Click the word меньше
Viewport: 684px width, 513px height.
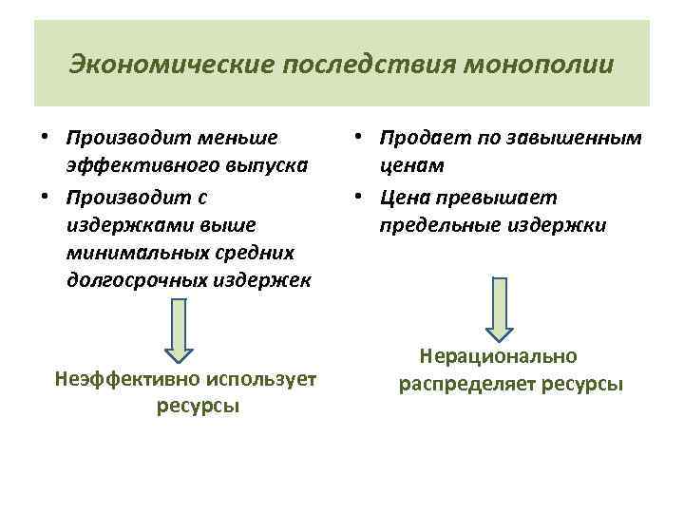pyautogui.click(x=245, y=139)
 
